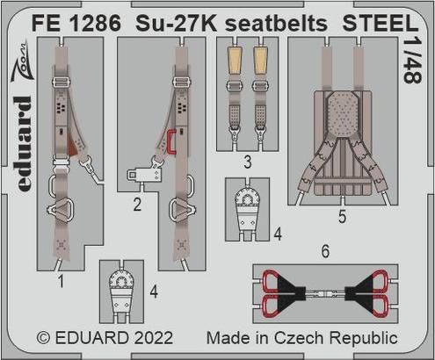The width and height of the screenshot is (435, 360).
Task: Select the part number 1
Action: point(59,282)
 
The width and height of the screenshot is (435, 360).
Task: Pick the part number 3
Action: point(248,162)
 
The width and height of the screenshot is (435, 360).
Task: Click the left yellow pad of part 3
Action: point(236,60)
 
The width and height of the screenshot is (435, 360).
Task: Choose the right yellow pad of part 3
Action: point(260,60)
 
